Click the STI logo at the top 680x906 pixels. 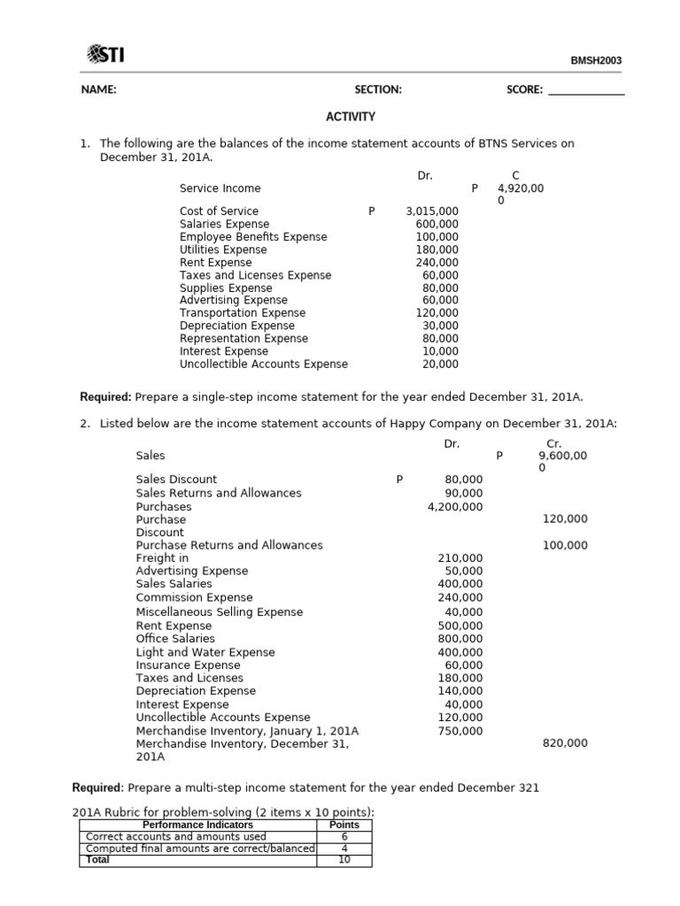click(x=105, y=56)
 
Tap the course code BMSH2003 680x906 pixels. click(x=596, y=61)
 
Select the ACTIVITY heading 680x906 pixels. click(x=351, y=117)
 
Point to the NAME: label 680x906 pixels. click(x=98, y=90)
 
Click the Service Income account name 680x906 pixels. click(x=220, y=188)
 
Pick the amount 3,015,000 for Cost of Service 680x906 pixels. click(x=432, y=211)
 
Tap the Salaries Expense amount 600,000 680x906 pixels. click(x=437, y=224)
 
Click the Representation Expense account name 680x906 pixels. click(x=243, y=339)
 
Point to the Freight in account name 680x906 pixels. click(x=162, y=558)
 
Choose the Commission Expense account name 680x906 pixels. click(x=194, y=597)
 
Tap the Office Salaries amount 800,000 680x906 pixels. click(x=460, y=638)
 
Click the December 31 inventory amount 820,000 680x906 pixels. click(x=564, y=744)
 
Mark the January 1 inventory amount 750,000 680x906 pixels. click(x=460, y=731)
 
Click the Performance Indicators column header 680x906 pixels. click(x=197, y=825)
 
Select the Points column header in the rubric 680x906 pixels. click(x=344, y=825)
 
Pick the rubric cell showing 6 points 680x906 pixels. click(x=344, y=836)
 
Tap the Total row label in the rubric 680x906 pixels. click(x=97, y=859)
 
